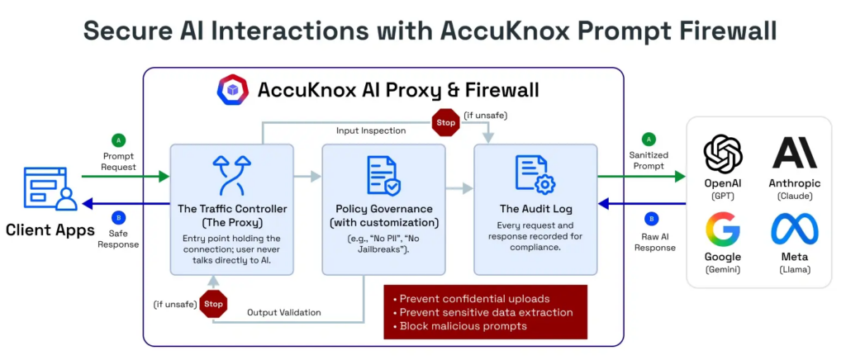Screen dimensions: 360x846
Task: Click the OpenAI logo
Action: [x=723, y=154]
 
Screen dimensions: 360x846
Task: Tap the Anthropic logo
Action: [x=794, y=154]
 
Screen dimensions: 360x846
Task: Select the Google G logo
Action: [x=723, y=229]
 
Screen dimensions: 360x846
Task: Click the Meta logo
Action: [x=794, y=229]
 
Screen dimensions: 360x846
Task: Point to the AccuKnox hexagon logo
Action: [x=232, y=90]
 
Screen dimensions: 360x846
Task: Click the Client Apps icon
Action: [x=50, y=189]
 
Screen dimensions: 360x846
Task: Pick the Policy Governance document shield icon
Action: [x=383, y=175]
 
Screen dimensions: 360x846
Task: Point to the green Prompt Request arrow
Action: [x=124, y=176]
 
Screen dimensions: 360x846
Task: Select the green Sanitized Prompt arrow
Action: [x=641, y=176]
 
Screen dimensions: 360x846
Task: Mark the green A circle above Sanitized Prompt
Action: [x=649, y=140]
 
